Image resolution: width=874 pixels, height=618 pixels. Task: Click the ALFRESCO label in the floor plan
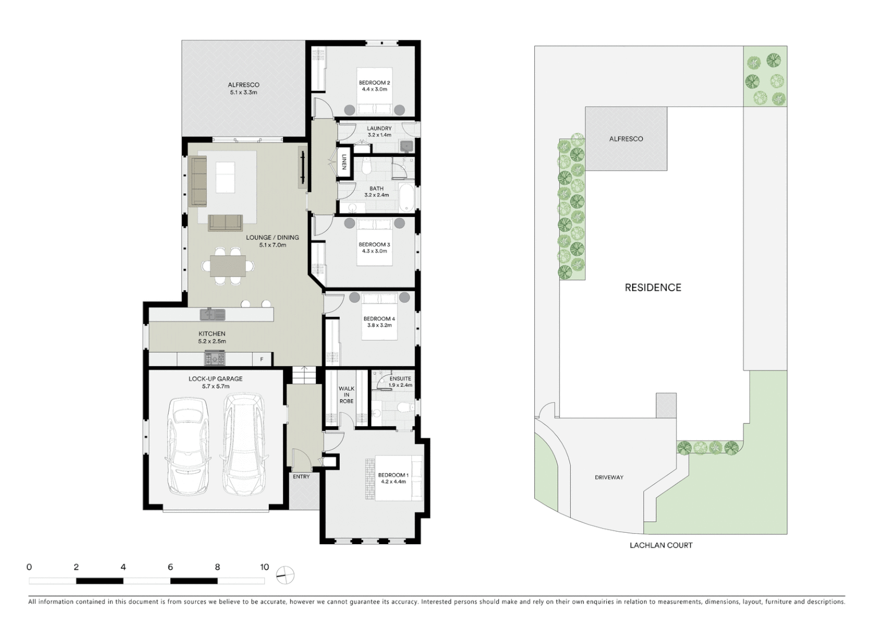click(x=244, y=85)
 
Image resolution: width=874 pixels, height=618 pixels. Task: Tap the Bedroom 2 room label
click(x=374, y=83)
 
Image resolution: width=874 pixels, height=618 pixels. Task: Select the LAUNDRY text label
click(x=379, y=128)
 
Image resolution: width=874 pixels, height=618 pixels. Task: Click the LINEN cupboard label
click(x=344, y=163)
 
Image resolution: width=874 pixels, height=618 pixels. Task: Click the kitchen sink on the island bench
click(x=213, y=315)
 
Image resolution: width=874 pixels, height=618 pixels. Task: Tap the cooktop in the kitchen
click(x=215, y=359)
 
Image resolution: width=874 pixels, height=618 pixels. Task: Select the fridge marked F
click(x=262, y=359)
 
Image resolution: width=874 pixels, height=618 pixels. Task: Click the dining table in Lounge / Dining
click(x=228, y=266)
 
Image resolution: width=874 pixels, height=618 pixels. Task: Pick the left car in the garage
click(x=187, y=446)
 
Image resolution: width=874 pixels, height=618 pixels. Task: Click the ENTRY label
click(x=301, y=477)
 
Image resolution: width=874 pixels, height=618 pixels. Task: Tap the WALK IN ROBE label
click(x=346, y=395)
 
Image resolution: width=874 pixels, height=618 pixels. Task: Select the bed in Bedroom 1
click(x=399, y=478)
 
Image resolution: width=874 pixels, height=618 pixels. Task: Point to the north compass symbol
click(x=285, y=575)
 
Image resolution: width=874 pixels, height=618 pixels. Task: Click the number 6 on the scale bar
click(x=170, y=567)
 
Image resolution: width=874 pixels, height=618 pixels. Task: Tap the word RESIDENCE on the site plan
click(x=653, y=288)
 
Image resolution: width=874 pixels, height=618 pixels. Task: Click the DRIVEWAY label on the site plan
click(x=609, y=477)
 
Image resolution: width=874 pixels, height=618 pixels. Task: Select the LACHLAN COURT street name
click(x=661, y=545)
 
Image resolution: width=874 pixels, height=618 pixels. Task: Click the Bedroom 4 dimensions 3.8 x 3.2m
click(x=379, y=326)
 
